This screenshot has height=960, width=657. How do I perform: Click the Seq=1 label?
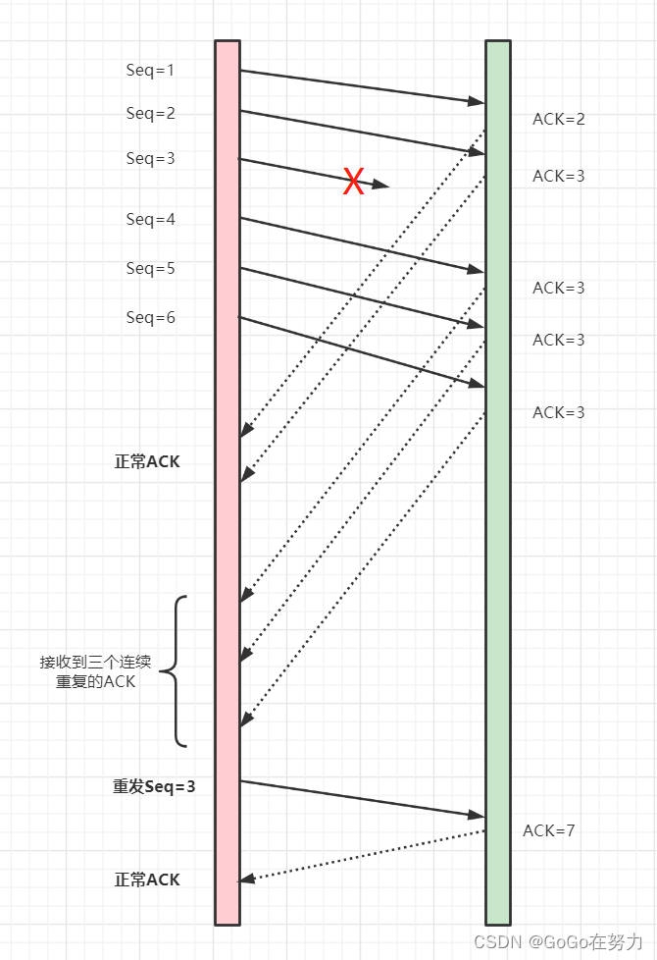click(150, 70)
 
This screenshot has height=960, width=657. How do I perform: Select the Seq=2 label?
click(150, 113)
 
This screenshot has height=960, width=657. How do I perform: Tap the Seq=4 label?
click(150, 219)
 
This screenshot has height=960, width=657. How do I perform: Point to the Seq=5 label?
click(150, 268)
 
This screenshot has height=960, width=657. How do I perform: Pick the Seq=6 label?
click(150, 317)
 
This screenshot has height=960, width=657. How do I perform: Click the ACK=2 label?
click(559, 119)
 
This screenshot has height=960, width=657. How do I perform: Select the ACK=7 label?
click(549, 830)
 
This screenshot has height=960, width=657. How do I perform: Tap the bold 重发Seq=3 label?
click(154, 786)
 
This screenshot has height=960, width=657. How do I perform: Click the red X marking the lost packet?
click(353, 181)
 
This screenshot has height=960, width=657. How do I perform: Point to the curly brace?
click(173, 671)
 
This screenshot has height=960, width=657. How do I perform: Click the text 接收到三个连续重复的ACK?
click(95, 671)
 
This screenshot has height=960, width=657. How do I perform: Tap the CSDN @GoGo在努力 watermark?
click(558, 940)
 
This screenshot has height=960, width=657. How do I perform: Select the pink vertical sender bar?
click(227, 491)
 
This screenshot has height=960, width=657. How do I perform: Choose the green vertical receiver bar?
click(498, 491)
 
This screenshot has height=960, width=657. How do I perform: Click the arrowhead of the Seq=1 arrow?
click(478, 100)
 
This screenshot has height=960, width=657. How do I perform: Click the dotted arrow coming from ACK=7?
click(363, 855)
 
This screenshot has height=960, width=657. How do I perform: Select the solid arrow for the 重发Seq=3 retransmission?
click(363, 798)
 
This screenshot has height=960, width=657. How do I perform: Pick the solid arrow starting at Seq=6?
click(363, 351)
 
